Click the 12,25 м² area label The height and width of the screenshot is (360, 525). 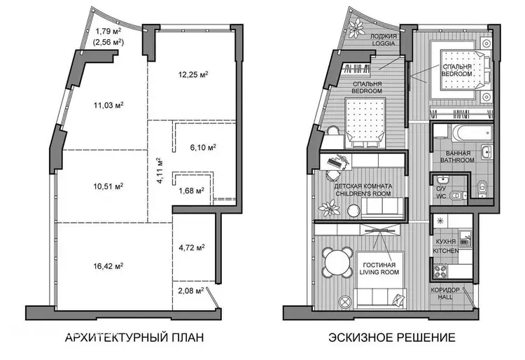193,74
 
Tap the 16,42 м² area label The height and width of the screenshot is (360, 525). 108,266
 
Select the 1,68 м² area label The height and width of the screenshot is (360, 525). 192,191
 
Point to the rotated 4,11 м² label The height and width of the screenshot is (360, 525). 160,170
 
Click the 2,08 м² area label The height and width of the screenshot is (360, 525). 191,291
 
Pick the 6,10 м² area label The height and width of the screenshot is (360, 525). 203,147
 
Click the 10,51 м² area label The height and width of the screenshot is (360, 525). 108,186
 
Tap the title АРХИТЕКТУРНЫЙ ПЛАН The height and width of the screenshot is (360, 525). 134,337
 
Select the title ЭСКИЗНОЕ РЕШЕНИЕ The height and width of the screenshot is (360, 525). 392,337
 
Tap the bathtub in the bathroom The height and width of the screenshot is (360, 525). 472,134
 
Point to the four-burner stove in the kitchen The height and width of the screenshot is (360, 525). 440,271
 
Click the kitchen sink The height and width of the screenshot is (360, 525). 465,237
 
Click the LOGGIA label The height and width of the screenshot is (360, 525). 384,43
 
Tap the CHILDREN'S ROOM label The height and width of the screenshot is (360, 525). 363,193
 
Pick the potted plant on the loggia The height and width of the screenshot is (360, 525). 356,28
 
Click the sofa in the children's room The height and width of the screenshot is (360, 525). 382,207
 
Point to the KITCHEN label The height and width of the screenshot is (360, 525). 446,251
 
